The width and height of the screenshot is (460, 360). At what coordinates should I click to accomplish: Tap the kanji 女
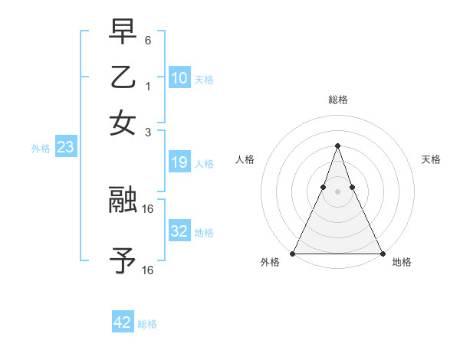(x=123, y=123)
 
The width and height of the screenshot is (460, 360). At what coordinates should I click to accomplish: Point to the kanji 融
(x=123, y=200)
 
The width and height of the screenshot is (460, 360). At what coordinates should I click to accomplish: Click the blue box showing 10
(x=179, y=78)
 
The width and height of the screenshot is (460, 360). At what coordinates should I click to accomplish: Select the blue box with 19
(x=179, y=162)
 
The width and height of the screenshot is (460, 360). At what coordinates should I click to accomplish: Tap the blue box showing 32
(x=179, y=231)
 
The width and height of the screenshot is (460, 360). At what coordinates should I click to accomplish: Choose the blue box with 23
(x=65, y=148)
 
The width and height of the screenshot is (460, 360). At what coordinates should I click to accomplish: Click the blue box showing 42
(x=123, y=322)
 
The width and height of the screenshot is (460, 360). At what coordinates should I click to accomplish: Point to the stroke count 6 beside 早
(x=148, y=39)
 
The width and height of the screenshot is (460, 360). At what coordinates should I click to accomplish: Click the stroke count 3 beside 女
(x=148, y=132)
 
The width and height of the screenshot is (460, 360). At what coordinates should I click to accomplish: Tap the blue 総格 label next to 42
(x=147, y=324)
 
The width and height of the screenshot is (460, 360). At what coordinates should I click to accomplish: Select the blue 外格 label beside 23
(x=41, y=149)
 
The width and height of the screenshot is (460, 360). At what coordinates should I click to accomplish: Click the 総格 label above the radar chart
(x=337, y=100)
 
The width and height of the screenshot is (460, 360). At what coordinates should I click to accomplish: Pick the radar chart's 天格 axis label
(x=431, y=159)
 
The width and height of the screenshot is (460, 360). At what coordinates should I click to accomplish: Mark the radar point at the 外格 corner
(x=294, y=253)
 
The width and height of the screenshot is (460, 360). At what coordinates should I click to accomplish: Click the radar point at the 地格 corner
(x=381, y=253)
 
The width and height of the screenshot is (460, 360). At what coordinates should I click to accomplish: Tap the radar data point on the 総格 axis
(x=337, y=146)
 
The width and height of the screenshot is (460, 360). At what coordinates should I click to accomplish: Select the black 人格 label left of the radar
(x=245, y=159)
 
